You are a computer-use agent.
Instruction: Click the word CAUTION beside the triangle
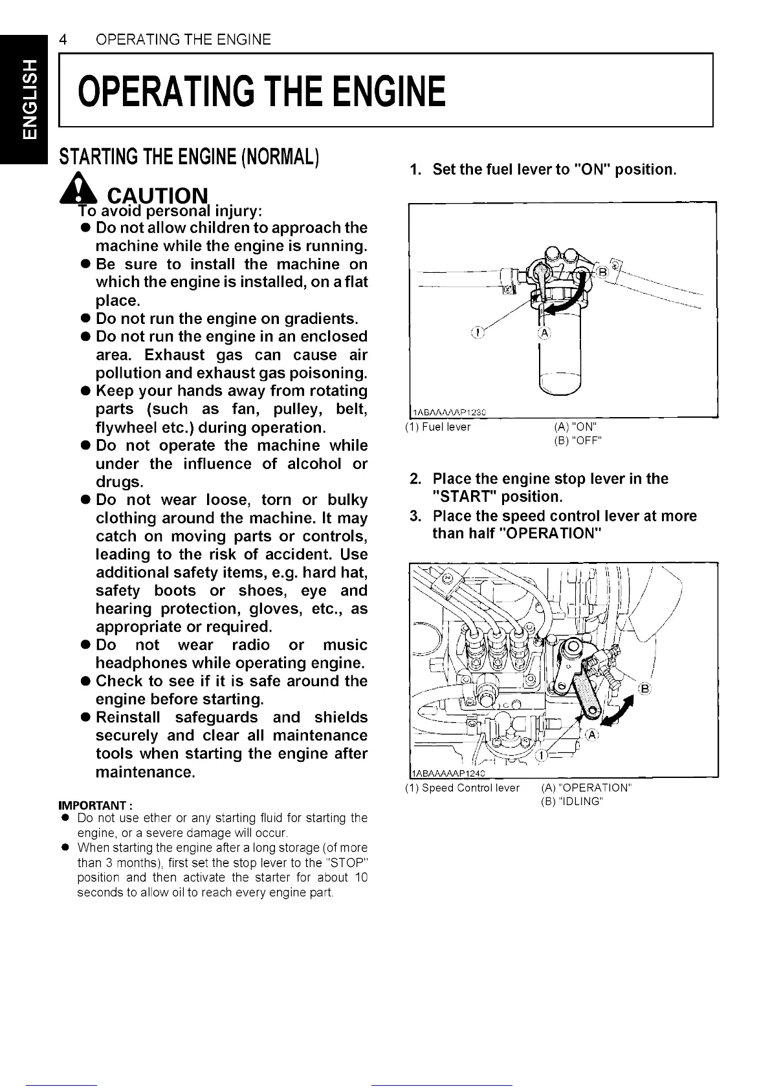pos(158,195)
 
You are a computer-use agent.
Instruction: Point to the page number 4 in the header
pos(63,39)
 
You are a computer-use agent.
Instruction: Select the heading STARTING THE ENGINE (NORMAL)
pos(188,157)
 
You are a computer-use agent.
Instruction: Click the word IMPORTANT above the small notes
pos(96,806)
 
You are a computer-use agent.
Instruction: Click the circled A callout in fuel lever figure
pos(544,333)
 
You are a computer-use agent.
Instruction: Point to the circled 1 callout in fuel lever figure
pos(477,332)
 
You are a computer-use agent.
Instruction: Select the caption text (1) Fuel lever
pos(438,427)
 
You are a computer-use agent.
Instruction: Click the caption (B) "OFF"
pos(578,441)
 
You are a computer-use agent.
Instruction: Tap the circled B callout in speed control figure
pos(644,688)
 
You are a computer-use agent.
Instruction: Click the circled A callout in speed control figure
pos(592,735)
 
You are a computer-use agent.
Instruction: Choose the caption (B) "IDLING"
pos(572,802)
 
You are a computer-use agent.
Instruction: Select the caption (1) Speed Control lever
pos(462,788)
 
